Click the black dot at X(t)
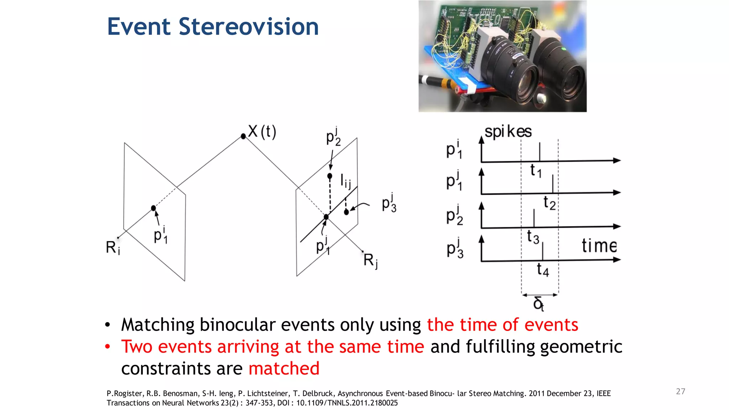[243, 136]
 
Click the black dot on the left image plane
[153, 208]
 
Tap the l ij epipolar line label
[345, 181]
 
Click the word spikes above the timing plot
[508, 132]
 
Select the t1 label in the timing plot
[536, 171]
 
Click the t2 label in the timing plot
[549, 203]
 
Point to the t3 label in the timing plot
[533, 237]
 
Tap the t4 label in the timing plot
[543, 269]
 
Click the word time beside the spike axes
[599, 246]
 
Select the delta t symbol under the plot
[539, 304]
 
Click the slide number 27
[680, 391]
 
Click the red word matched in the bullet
[284, 368]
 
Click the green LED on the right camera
[563, 49]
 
